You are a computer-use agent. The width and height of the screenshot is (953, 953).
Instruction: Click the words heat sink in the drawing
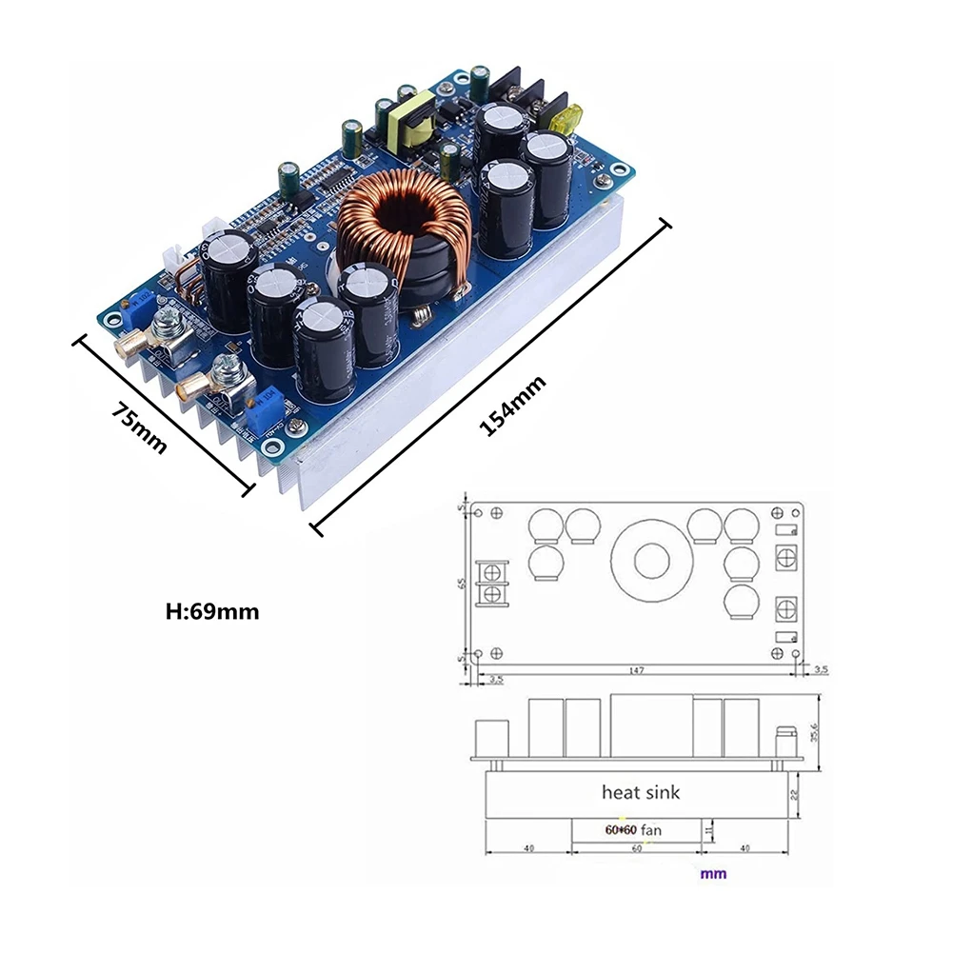coord(641,791)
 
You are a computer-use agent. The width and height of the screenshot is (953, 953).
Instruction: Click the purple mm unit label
coord(713,873)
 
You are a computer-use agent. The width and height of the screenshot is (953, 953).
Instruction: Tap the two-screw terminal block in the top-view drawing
coord(492,583)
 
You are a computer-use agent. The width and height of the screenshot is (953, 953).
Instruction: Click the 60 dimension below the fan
coord(635,850)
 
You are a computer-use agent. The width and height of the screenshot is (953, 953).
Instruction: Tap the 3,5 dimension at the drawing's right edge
coord(821,670)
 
